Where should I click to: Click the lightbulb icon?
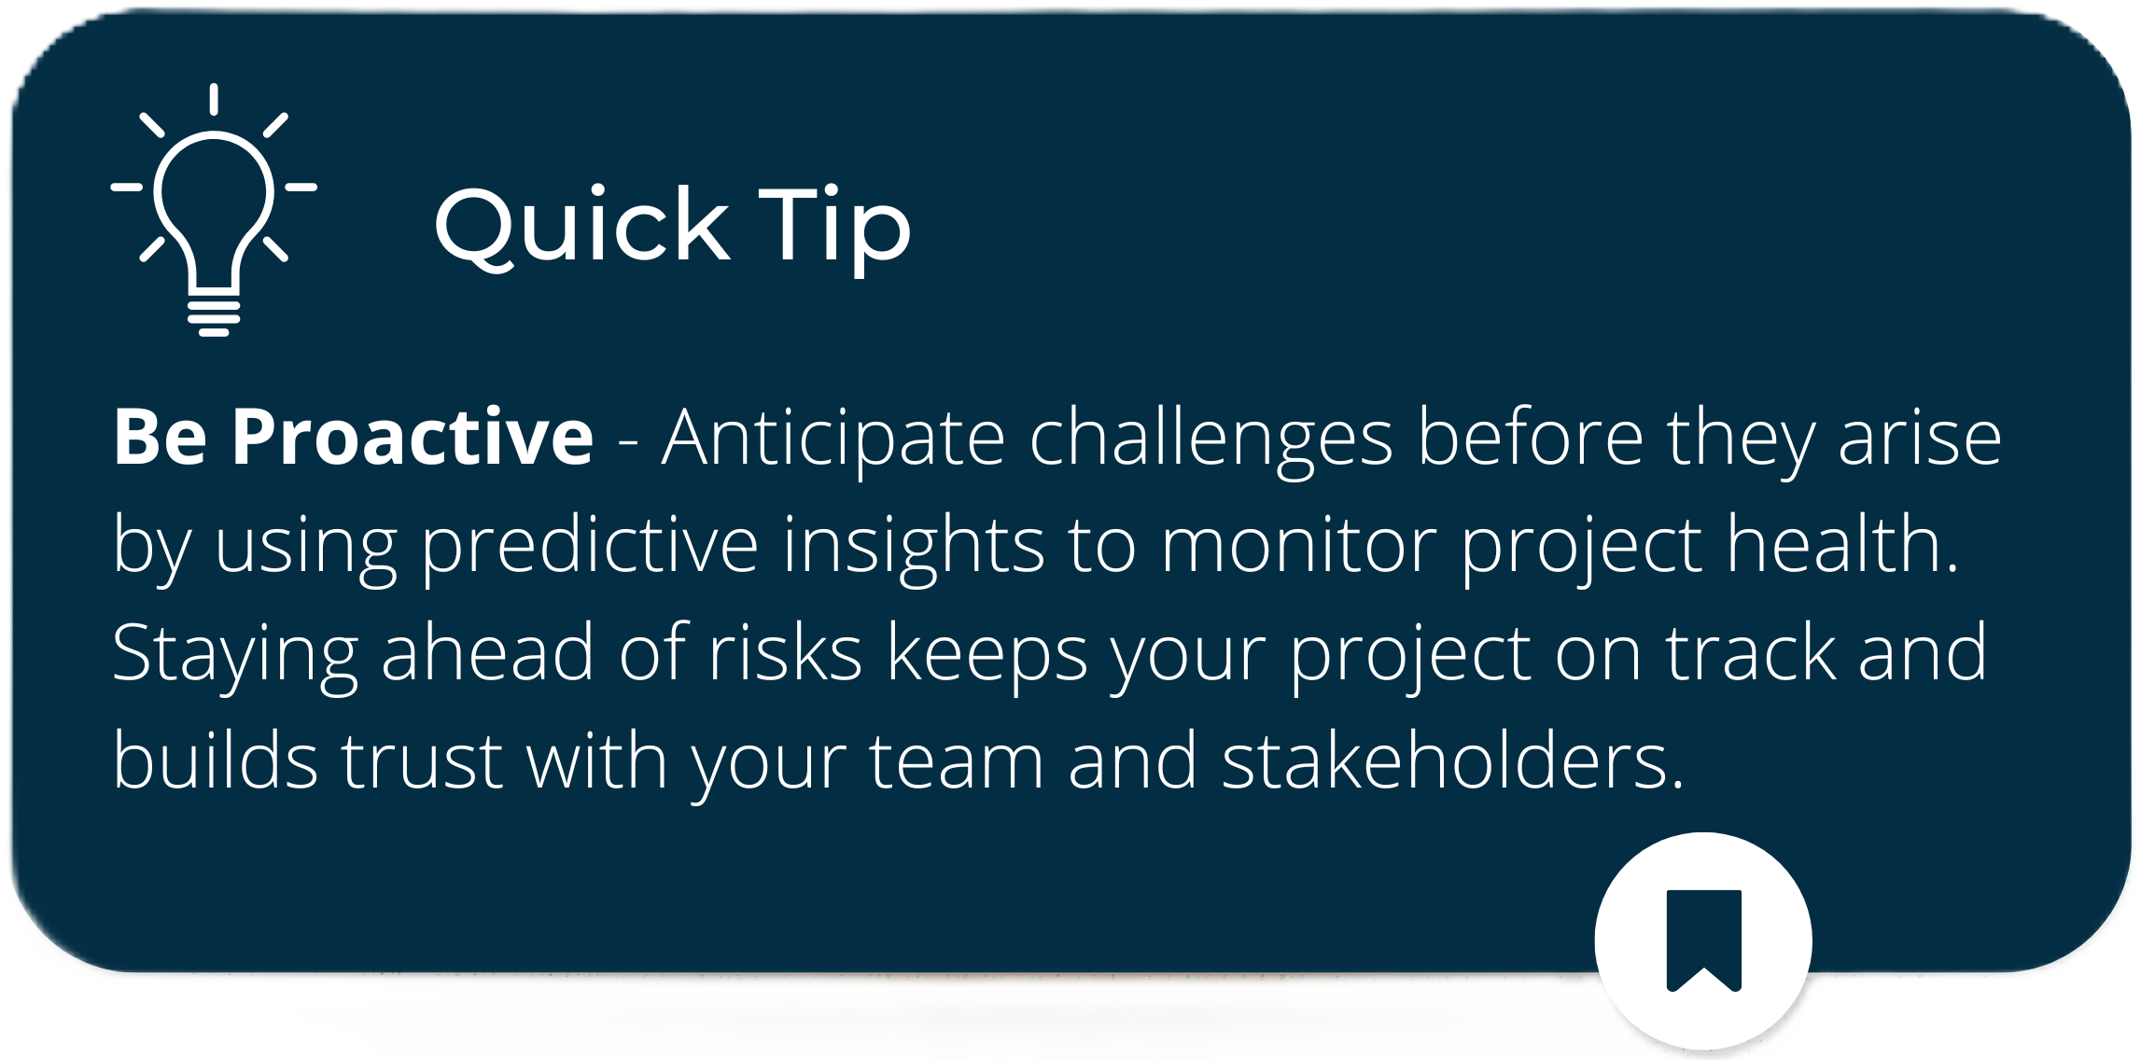[x=214, y=210]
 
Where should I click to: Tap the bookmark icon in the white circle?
[x=1704, y=941]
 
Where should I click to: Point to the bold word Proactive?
[x=413, y=436]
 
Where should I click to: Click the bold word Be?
[x=160, y=436]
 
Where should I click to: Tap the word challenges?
[x=1211, y=439]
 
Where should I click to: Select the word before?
[x=1531, y=436]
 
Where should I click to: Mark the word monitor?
[x=1298, y=545]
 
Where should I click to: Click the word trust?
[x=422, y=760]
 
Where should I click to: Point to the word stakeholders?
[x=1452, y=760]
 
